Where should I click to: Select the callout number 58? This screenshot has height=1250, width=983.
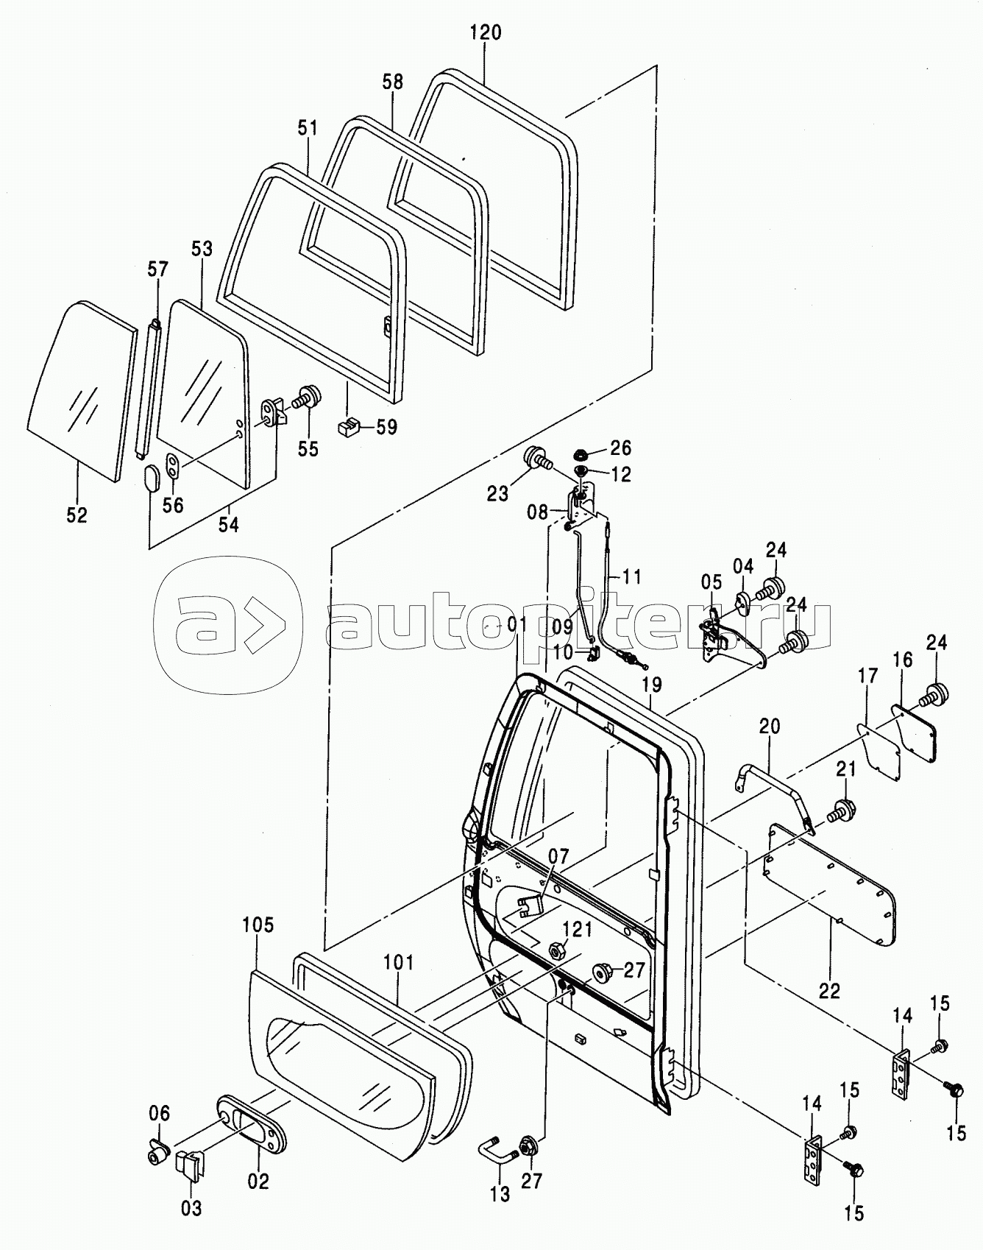(393, 81)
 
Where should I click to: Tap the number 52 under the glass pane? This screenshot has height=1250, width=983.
(77, 515)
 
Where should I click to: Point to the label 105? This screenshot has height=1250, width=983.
(258, 925)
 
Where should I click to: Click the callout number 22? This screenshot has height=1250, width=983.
(829, 991)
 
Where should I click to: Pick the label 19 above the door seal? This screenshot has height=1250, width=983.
(651, 685)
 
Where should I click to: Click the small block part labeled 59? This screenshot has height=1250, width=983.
(348, 426)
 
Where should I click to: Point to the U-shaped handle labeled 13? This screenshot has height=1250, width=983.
(498, 1162)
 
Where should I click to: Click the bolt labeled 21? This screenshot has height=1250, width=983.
(842, 811)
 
